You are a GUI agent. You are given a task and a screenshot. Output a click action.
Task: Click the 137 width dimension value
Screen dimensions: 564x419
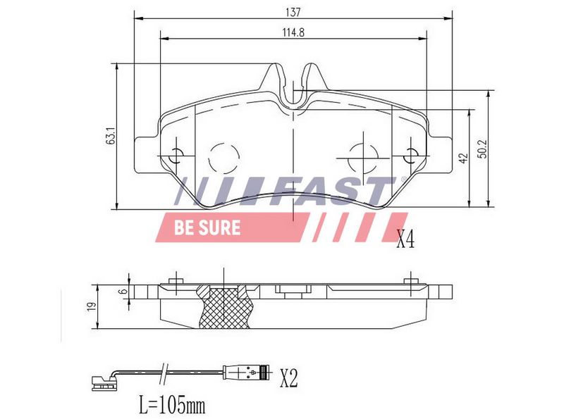point(293,12)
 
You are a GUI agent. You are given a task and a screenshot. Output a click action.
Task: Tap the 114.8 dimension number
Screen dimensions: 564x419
point(293,32)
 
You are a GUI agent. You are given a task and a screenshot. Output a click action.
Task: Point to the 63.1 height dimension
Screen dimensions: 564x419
point(111,136)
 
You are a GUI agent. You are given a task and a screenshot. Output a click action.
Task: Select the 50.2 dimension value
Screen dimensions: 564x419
point(483,149)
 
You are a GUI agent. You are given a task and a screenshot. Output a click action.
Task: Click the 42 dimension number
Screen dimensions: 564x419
point(464,158)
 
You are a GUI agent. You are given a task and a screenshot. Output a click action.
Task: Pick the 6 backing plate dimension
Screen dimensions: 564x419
point(123,292)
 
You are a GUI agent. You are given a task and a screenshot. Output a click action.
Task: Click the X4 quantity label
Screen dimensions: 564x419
point(405,239)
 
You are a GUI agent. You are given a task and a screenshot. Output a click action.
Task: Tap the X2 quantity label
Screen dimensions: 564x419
point(289,378)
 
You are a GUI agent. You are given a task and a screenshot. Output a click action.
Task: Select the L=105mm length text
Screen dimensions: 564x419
point(172,405)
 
